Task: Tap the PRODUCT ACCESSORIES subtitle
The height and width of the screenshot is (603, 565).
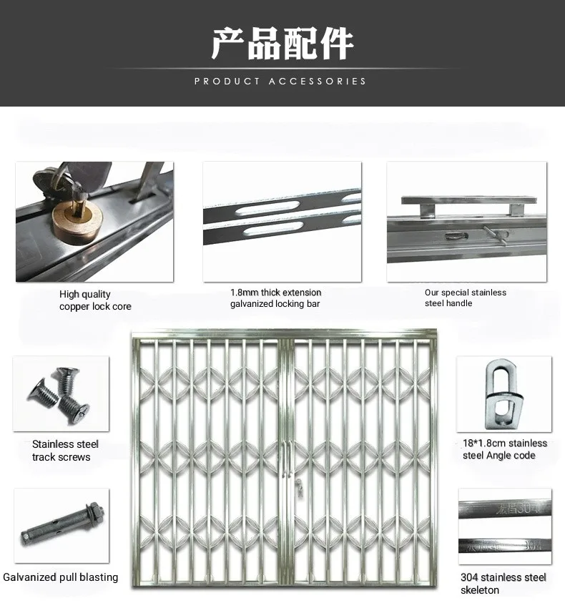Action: click(280, 81)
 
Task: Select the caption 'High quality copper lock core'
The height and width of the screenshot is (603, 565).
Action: click(95, 300)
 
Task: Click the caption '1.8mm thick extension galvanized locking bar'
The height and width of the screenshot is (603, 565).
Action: click(275, 298)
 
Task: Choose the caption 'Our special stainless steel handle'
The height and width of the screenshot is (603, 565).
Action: click(465, 298)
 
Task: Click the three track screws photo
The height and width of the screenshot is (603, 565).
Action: click(61, 393)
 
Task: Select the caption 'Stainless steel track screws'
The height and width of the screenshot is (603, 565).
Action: click(64, 451)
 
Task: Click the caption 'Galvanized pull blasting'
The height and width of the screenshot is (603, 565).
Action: click(61, 577)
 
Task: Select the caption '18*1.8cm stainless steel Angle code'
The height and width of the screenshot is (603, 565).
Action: click(504, 449)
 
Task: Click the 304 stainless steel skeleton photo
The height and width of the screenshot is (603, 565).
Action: click(504, 526)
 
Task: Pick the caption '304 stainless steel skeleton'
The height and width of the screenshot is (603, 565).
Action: click(503, 584)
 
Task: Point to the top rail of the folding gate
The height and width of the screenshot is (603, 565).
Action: click(283, 334)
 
